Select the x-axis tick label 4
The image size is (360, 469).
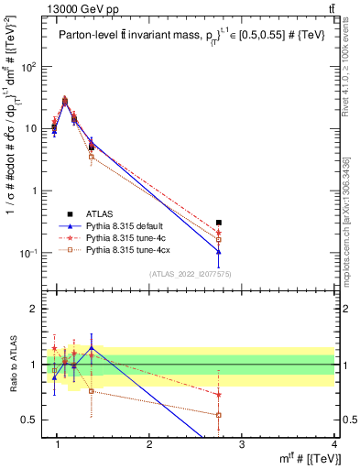[333, 445]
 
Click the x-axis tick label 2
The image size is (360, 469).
[149, 445]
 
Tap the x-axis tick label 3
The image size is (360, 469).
[241, 445]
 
